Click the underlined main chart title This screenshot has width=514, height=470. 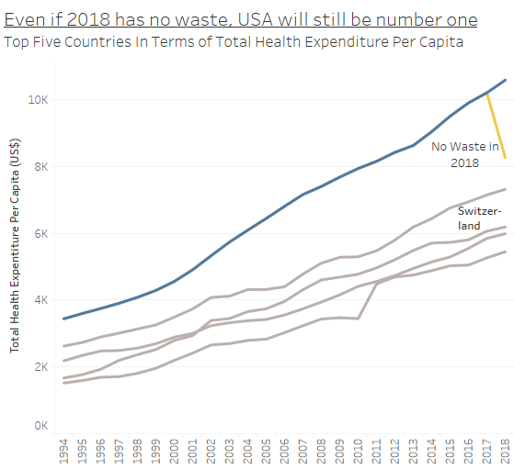click(x=240, y=19)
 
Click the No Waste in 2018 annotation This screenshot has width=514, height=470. click(x=465, y=154)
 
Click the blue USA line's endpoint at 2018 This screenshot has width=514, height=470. click(x=505, y=80)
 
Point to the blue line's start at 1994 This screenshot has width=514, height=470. click(x=63, y=319)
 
